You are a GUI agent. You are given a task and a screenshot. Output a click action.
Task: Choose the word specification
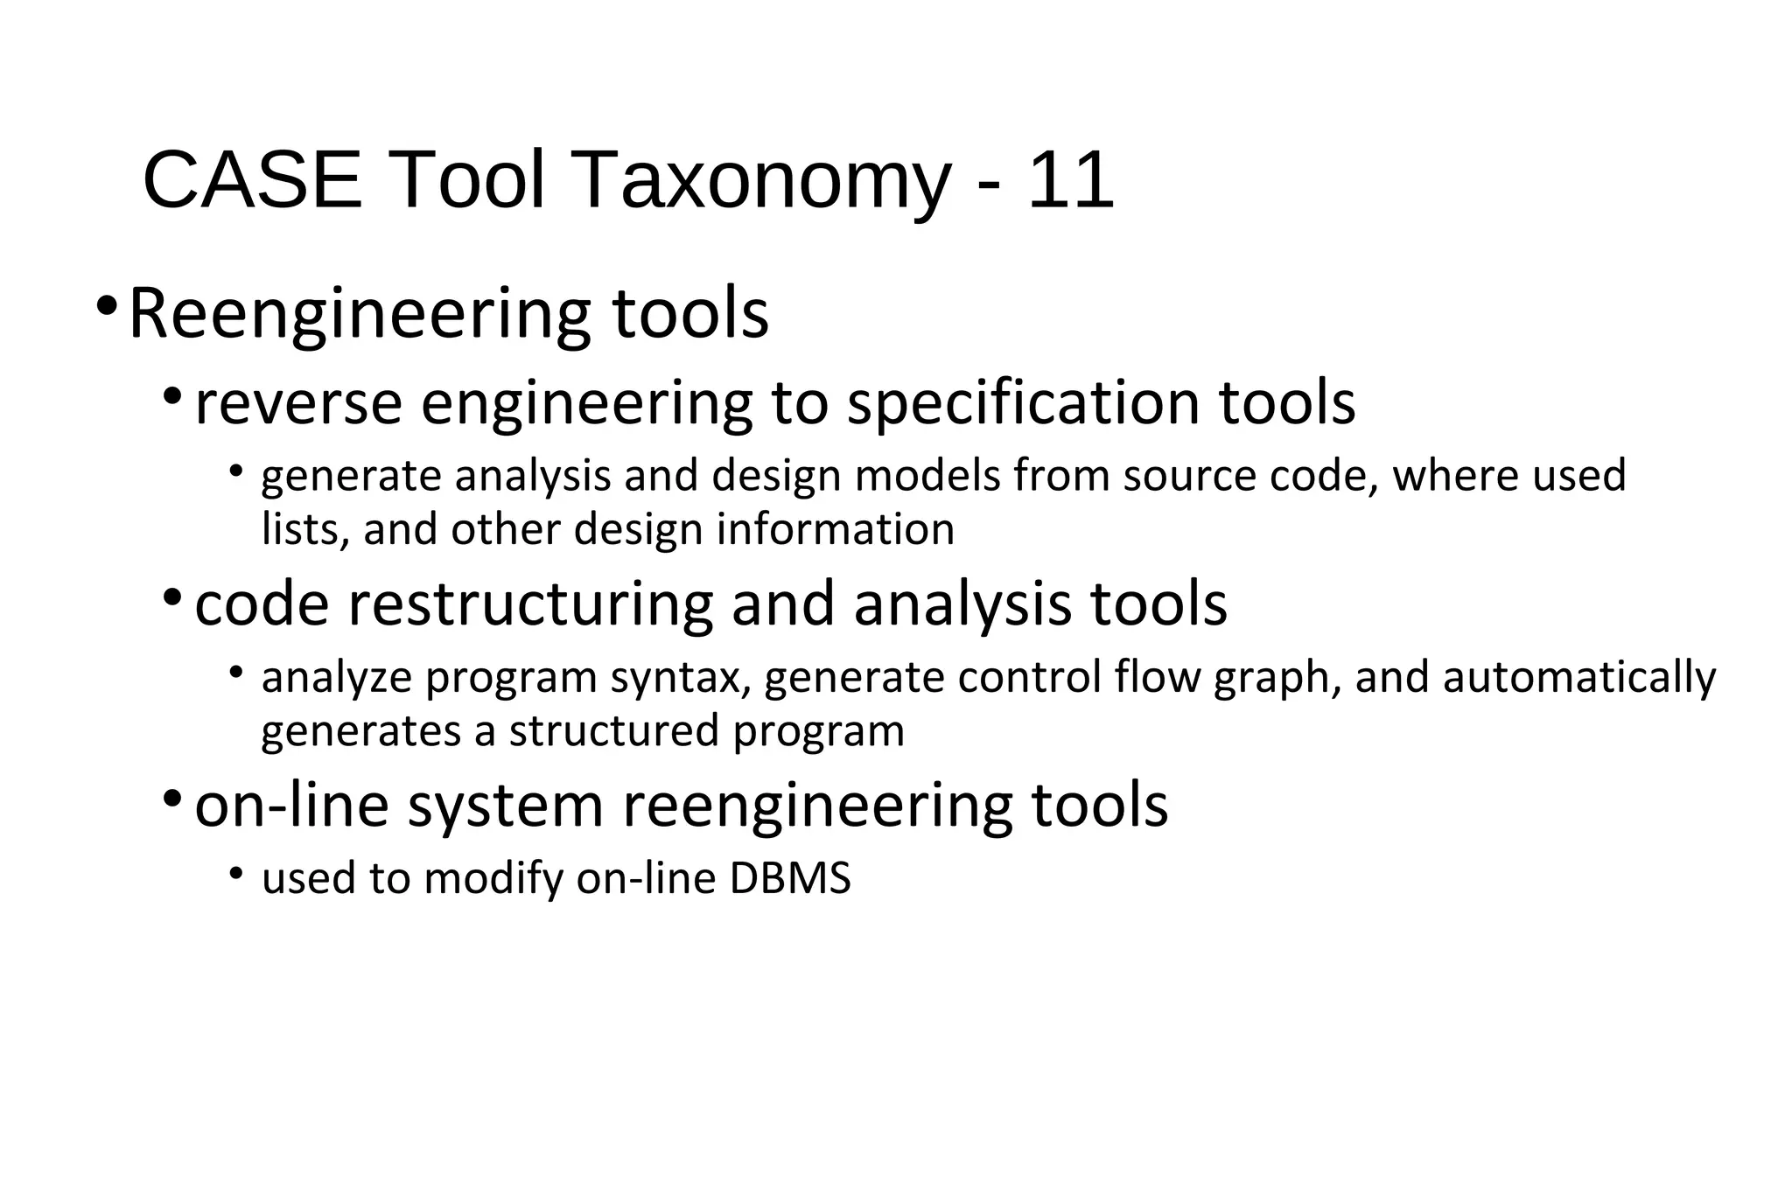(x=1025, y=403)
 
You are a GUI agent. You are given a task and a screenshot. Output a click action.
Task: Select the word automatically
(x=1579, y=680)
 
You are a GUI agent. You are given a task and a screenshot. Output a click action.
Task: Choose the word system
(x=506, y=806)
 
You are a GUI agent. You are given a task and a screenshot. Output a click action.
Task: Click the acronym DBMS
(x=789, y=878)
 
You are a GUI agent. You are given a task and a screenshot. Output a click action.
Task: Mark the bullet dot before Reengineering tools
(x=107, y=307)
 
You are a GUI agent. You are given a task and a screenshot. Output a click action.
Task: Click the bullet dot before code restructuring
(x=172, y=598)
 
